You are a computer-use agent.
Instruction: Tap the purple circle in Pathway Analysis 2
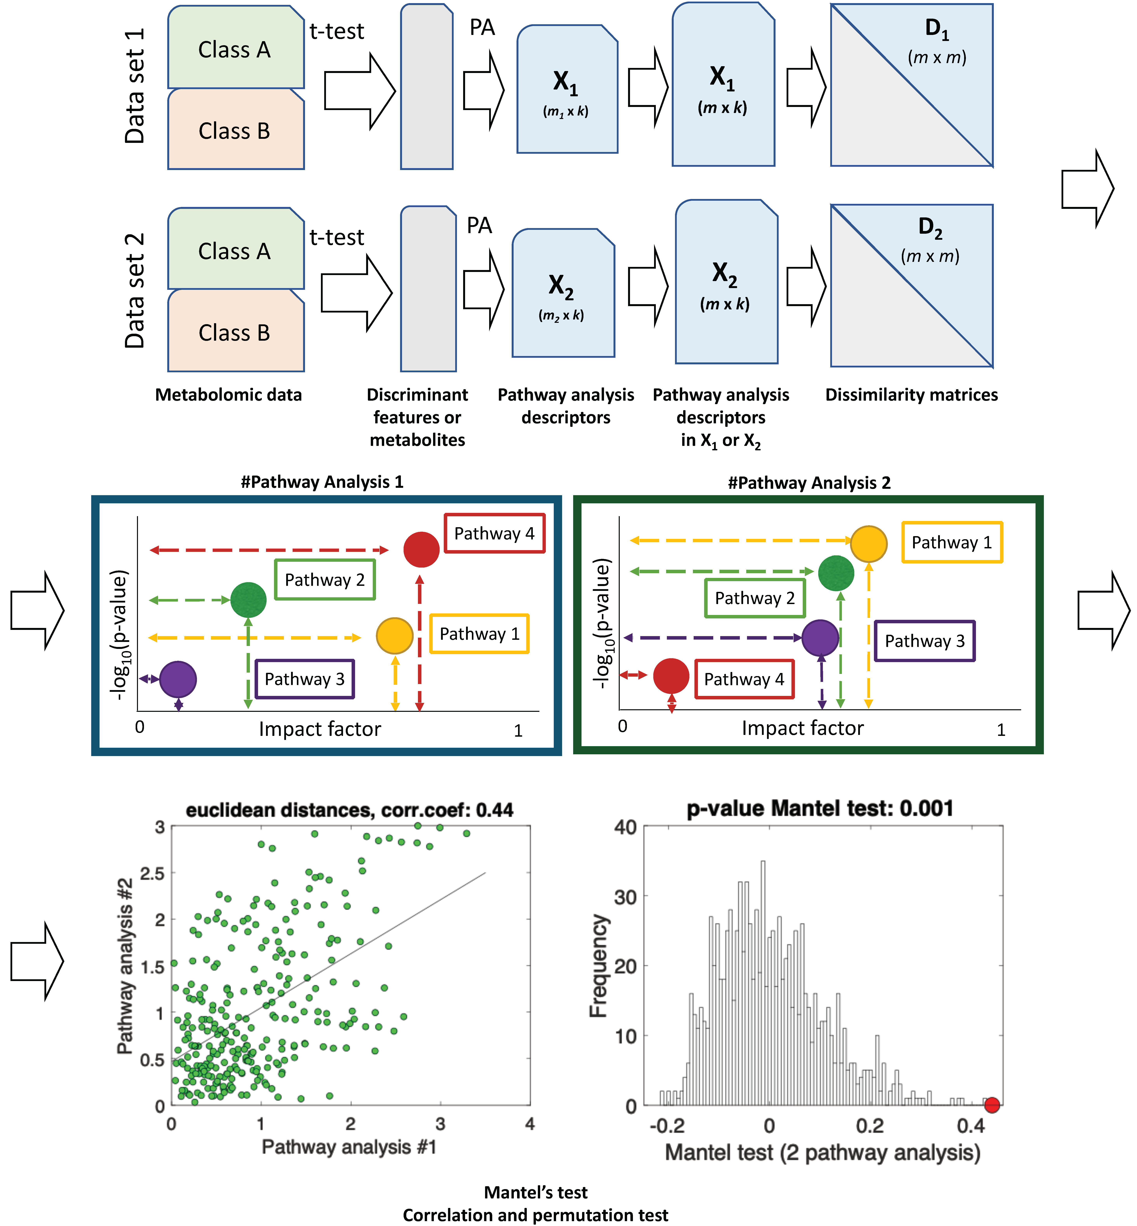pyautogui.click(x=820, y=638)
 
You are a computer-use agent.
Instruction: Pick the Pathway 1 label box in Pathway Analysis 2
pyautogui.click(x=952, y=542)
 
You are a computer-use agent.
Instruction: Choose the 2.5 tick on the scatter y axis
pyautogui.click(x=153, y=873)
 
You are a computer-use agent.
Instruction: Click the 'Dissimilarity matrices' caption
pyautogui.click(x=911, y=394)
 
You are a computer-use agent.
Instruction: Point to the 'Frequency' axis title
pyautogui.click(x=599, y=965)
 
